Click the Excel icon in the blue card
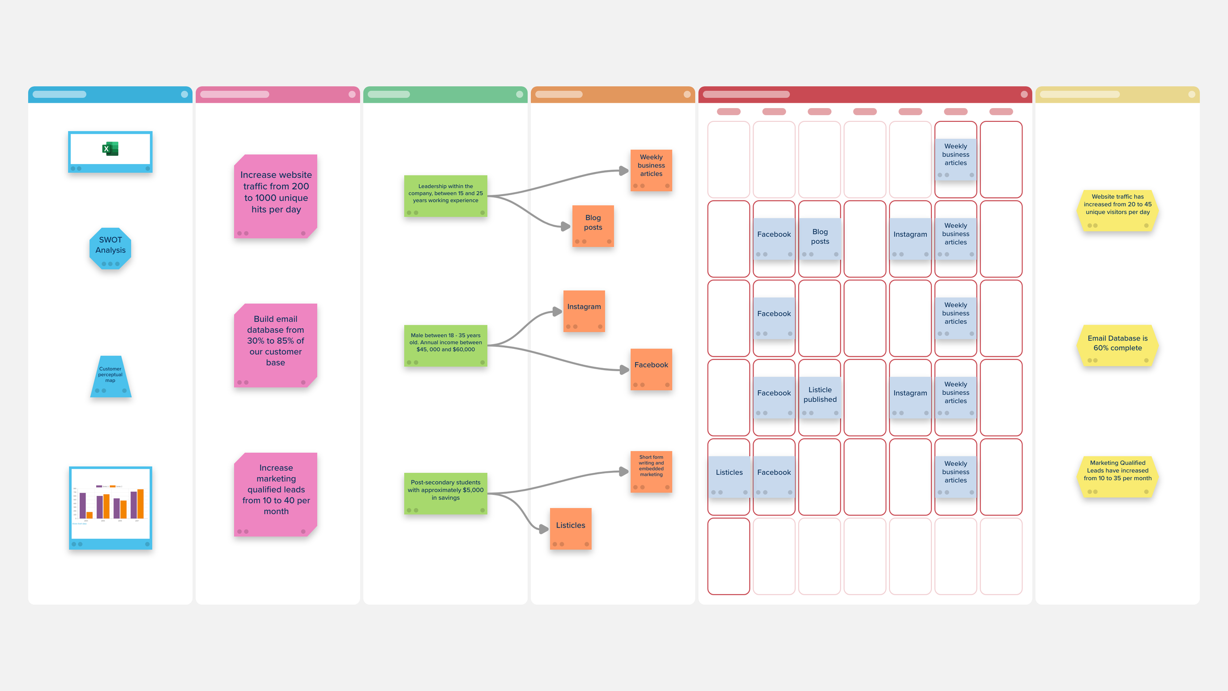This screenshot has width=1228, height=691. (111, 148)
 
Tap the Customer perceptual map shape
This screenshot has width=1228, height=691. (111, 376)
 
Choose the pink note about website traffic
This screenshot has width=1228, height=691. (276, 196)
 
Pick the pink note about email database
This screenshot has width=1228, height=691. (276, 344)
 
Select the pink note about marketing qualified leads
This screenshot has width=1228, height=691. (276, 493)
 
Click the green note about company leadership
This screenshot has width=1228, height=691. (446, 196)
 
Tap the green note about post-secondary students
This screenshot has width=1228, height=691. (446, 493)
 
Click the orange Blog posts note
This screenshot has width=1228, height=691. (593, 225)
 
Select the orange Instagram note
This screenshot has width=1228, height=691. (584, 310)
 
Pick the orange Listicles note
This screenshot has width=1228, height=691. (570, 528)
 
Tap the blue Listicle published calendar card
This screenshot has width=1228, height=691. (820, 397)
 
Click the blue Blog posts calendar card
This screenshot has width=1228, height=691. (820, 238)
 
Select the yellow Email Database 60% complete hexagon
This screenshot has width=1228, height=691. (1117, 345)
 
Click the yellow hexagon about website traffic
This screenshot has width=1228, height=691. (1117, 209)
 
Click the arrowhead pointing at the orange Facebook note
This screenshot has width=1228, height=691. (624, 370)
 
